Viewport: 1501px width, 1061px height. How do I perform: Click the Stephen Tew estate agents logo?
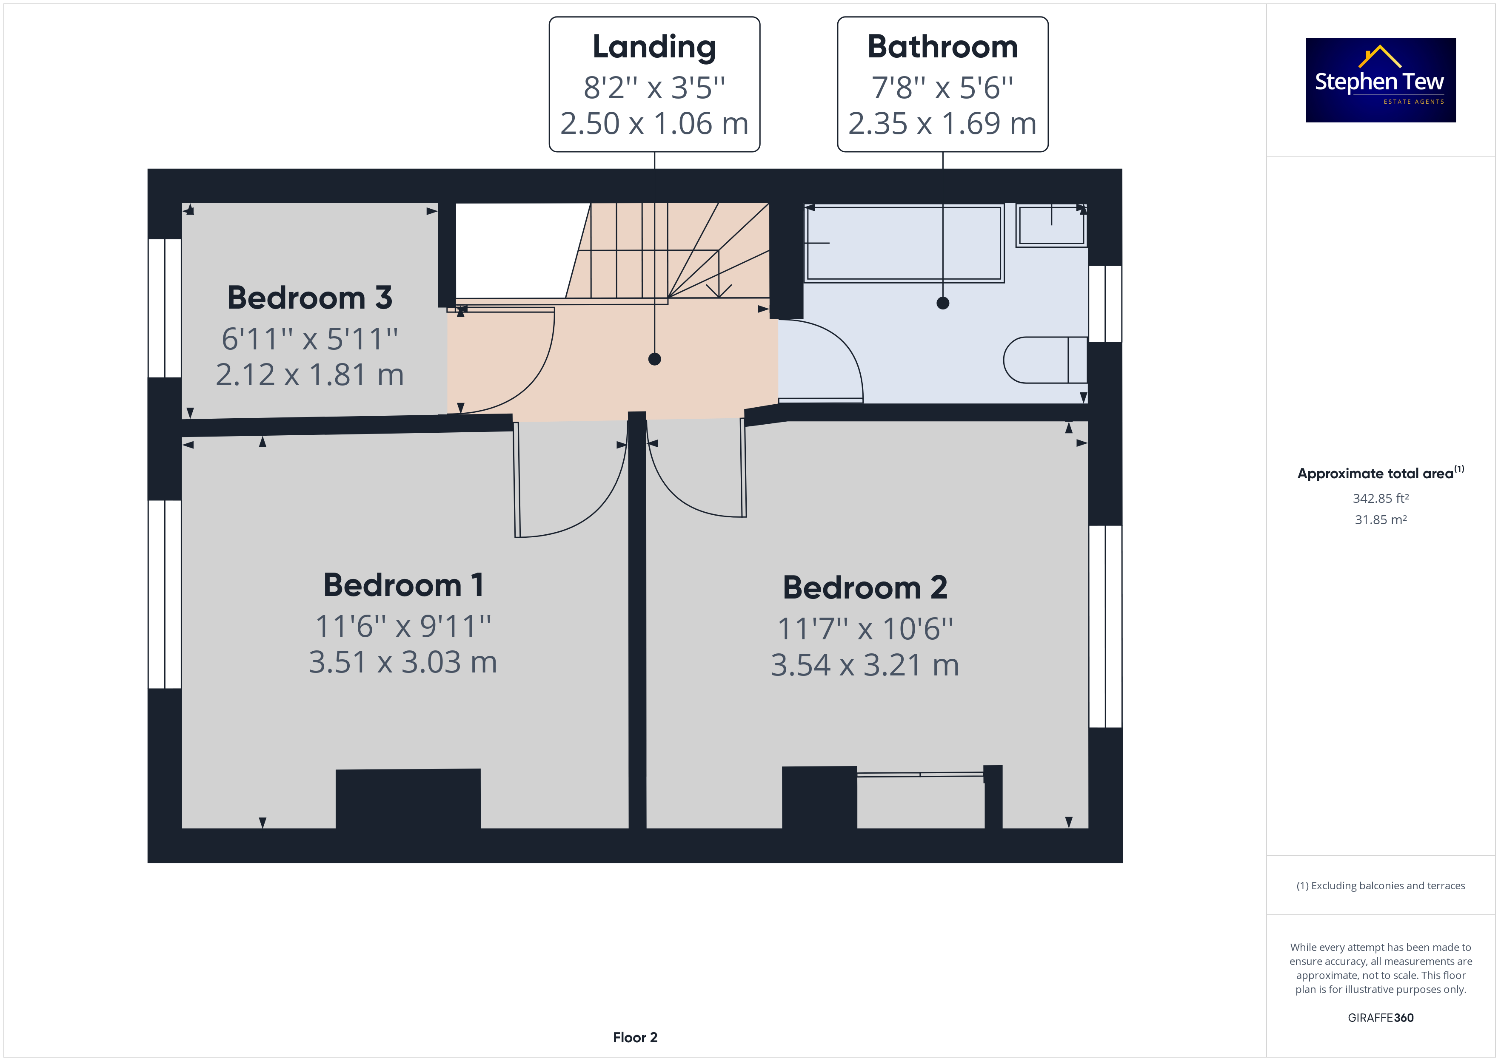[1380, 80]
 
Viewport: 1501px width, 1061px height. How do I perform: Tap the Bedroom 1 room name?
[403, 585]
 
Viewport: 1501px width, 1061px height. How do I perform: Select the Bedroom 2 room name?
[865, 587]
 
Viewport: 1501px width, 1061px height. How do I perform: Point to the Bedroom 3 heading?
[310, 298]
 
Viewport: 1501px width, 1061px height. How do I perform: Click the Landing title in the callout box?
[654, 48]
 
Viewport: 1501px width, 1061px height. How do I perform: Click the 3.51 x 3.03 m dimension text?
[403, 662]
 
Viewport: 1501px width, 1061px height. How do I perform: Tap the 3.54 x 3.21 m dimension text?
[865, 665]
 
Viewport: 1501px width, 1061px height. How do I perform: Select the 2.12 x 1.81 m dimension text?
[310, 375]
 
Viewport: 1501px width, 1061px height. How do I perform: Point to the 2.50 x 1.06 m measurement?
[654, 123]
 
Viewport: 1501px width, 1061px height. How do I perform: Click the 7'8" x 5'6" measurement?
[943, 88]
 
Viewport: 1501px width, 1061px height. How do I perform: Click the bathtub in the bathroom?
[904, 243]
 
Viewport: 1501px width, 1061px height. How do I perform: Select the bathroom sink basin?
[1051, 225]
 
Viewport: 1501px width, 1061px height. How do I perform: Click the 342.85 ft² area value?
[1381, 499]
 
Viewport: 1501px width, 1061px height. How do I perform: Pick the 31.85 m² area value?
[1381, 520]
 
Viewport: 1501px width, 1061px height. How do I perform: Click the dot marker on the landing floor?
[654, 359]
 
